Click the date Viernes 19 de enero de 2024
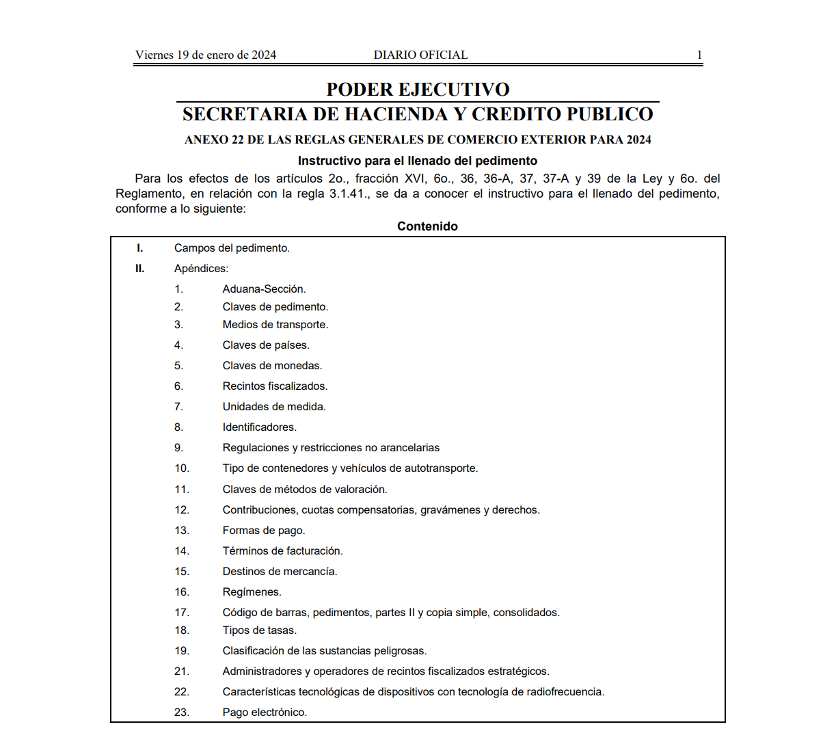pyautogui.click(x=205, y=55)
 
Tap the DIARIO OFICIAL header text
pyautogui.click(x=420, y=55)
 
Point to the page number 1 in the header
pyautogui.click(x=699, y=55)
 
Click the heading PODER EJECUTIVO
pyautogui.click(x=418, y=90)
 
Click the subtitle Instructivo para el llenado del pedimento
pyautogui.click(x=418, y=161)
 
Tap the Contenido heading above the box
pyautogui.click(x=427, y=226)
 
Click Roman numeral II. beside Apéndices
pyautogui.click(x=139, y=269)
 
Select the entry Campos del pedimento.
pyautogui.click(x=232, y=248)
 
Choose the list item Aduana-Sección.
pyautogui.click(x=264, y=289)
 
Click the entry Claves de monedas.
pyautogui.click(x=272, y=366)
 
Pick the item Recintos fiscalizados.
pyautogui.click(x=275, y=386)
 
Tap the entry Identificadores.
pyautogui.click(x=259, y=427)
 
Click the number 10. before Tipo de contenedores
pyautogui.click(x=181, y=468)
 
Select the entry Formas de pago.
pyautogui.click(x=264, y=531)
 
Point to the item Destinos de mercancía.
pyautogui.click(x=280, y=572)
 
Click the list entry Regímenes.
pyautogui.click(x=252, y=592)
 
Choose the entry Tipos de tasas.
pyautogui.click(x=259, y=630)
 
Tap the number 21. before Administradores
pyautogui.click(x=181, y=672)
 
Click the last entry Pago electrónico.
pyautogui.click(x=265, y=713)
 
